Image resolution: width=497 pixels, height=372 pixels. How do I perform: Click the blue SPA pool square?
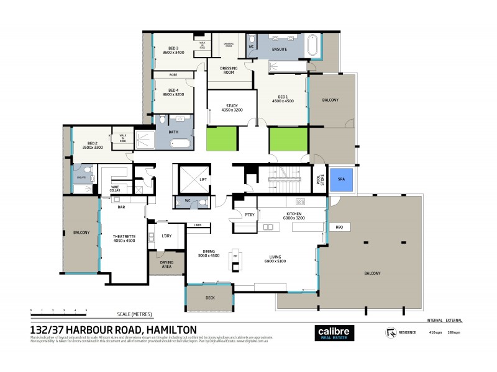(340, 178)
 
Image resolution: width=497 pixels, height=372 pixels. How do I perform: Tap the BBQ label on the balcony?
(339, 228)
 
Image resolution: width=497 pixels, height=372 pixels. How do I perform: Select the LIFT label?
(203, 179)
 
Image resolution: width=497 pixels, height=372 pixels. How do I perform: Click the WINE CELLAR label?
(115, 188)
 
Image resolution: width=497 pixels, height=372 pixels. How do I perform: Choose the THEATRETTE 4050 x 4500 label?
(124, 238)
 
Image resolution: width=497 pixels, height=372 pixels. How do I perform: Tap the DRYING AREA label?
(166, 265)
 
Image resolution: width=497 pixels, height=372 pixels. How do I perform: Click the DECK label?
(211, 298)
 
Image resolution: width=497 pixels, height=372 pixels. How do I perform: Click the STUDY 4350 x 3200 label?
(232, 107)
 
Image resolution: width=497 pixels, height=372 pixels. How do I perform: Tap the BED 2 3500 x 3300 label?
(93, 146)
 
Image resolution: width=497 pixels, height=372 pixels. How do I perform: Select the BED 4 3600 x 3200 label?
(173, 92)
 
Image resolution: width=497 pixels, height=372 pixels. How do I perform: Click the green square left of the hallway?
(222, 139)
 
